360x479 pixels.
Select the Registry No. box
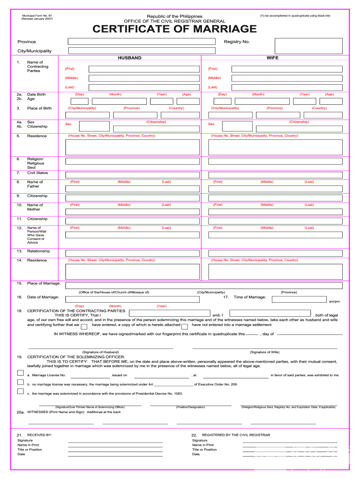(x=308, y=45)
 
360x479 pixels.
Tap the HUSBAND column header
(x=130, y=58)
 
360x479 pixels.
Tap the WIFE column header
(x=273, y=58)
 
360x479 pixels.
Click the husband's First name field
(x=144, y=69)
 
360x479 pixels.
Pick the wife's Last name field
(x=287, y=87)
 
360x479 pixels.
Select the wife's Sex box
(x=237, y=126)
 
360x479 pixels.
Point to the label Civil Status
(x=37, y=173)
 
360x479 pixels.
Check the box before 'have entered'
(x=84, y=327)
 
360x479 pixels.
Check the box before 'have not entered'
(x=185, y=327)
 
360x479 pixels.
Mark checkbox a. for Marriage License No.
(x=21, y=373)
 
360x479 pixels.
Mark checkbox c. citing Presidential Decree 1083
(x=21, y=392)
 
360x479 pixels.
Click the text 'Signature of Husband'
(x=101, y=352)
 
